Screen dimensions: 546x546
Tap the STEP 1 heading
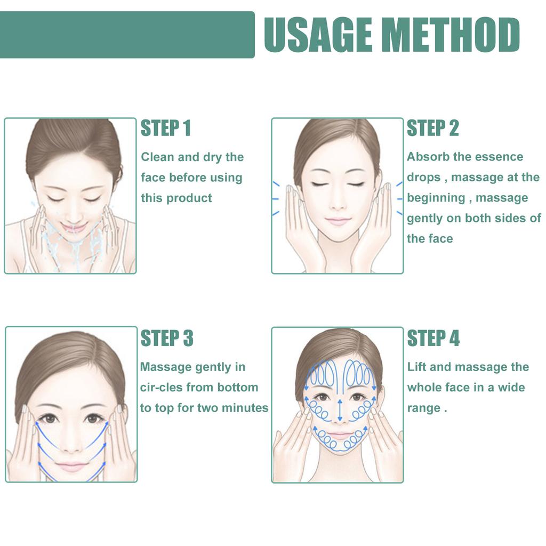coord(165,129)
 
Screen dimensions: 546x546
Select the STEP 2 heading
coord(432,129)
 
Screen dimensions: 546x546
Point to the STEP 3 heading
coord(166,338)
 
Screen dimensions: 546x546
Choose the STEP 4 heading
coord(433,338)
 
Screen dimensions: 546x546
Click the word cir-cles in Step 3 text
coord(162,388)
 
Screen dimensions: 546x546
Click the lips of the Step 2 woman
coord(338,221)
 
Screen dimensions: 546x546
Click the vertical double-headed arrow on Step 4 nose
coord(339,409)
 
